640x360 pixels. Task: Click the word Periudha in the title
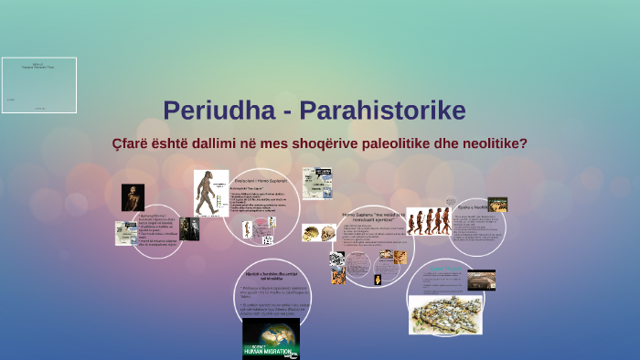tap(209, 111)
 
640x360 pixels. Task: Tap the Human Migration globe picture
tap(271, 338)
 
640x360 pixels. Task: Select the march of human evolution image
tap(428, 221)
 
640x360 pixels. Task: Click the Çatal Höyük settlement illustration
tap(445, 313)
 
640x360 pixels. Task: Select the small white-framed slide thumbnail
tap(38, 85)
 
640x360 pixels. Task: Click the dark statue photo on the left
tap(133, 197)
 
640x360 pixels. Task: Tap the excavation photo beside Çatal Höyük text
tap(481, 280)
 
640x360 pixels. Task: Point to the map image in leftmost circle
tap(125, 233)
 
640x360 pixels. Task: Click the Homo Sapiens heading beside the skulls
tap(373, 216)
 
